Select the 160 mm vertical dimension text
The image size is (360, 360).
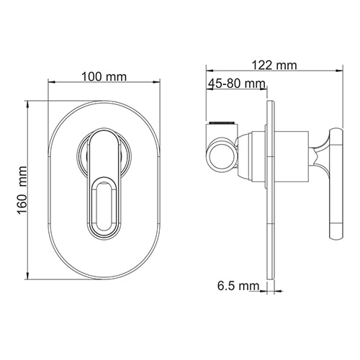21,190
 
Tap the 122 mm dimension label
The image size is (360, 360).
274,66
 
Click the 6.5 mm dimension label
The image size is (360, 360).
238,287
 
